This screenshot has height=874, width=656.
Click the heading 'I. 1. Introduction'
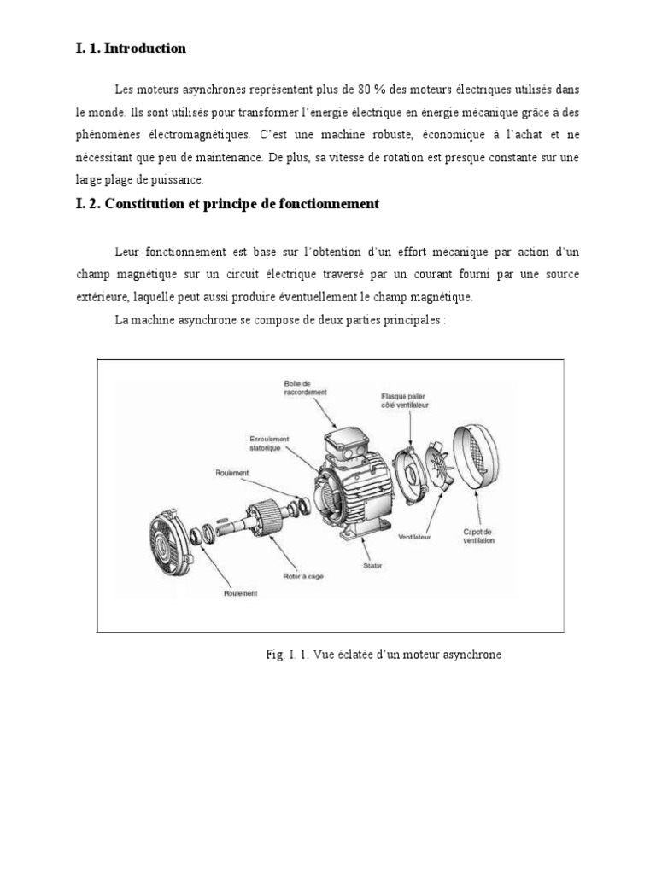131,49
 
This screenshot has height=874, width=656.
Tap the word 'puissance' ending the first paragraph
175,180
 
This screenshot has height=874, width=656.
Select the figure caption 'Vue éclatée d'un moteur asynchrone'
383,655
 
